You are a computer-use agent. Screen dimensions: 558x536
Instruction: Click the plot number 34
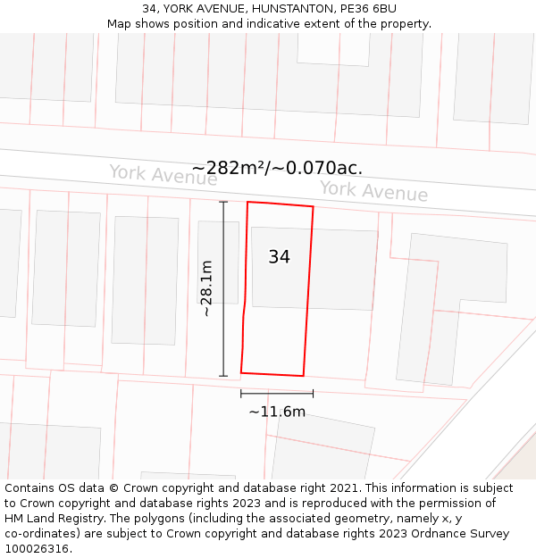[279, 257]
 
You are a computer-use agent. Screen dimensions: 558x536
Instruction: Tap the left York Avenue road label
[163, 175]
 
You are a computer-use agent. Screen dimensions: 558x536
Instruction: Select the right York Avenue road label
[373, 191]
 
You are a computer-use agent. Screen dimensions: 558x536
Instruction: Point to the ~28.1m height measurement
[206, 288]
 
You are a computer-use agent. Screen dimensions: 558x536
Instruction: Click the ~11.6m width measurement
[277, 412]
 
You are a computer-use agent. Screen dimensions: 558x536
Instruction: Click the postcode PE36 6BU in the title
[368, 9]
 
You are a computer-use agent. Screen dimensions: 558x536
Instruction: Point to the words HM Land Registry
[50, 519]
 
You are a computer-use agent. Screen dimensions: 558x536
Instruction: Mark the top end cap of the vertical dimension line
[223, 203]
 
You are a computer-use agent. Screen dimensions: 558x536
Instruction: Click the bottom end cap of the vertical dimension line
[223, 376]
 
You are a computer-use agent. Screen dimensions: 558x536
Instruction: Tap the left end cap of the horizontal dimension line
[241, 393]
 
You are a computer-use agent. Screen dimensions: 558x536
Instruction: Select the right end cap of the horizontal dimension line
[313, 393]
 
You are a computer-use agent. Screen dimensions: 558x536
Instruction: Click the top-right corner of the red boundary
[313, 207]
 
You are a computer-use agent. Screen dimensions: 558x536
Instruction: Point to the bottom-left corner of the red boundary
[241, 371]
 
